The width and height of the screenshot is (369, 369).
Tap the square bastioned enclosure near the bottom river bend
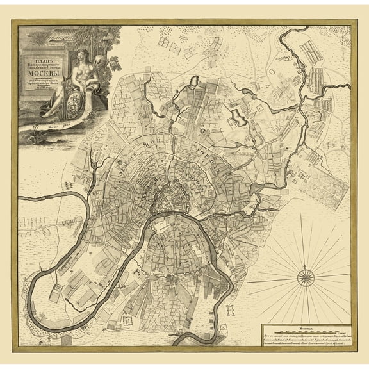(132, 318)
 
